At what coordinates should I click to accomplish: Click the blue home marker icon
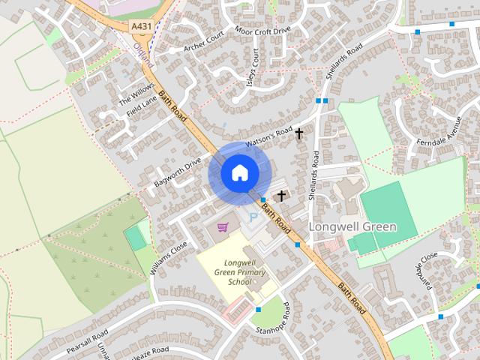pyautogui.click(x=239, y=173)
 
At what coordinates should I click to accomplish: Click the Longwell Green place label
pyautogui.click(x=352, y=226)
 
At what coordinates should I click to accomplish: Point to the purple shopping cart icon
pyautogui.click(x=223, y=226)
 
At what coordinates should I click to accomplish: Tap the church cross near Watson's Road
pyautogui.click(x=299, y=134)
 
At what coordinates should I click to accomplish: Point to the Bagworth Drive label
pyautogui.click(x=178, y=172)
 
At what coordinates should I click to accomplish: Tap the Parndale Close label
pyautogui.click(x=425, y=271)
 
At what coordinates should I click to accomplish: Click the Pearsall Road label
pyautogui.click(x=87, y=339)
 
